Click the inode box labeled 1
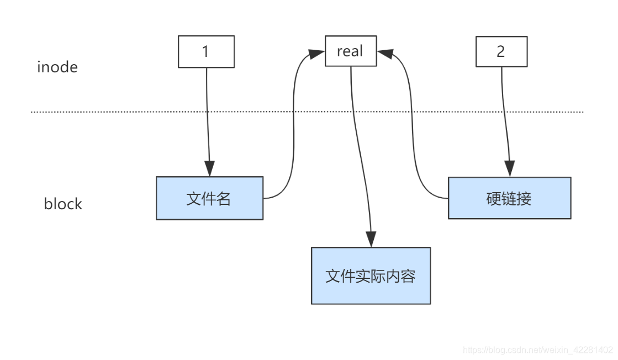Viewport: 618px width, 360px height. [x=206, y=52]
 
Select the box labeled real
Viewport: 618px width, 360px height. [x=351, y=51]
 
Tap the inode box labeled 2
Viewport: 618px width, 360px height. [x=501, y=52]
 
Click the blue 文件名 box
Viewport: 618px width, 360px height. [x=209, y=198]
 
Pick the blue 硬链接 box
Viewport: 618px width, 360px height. [x=509, y=198]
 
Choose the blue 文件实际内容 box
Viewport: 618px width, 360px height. [x=371, y=276]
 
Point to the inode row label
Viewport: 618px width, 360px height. [x=57, y=67]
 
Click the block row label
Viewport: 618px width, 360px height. [x=63, y=204]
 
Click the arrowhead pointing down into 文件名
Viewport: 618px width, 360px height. [x=210, y=168]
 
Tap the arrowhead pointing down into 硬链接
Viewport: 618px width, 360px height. [x=509, y=168]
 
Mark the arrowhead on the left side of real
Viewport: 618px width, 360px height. [x=316, y=54]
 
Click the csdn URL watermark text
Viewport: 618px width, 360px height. [x=537, y=350]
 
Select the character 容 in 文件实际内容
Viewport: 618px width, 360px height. [x=408, y=276]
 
